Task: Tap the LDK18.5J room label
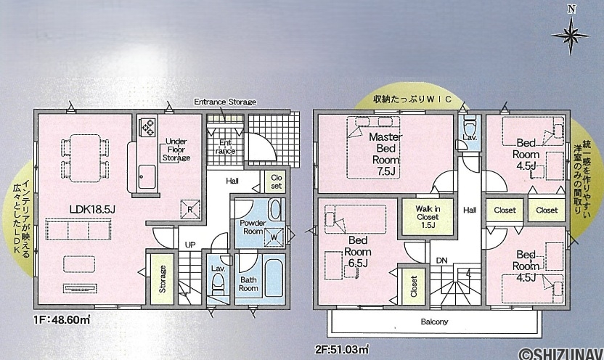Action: click(x=92, y=210)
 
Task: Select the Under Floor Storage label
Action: click(x=176, y=150)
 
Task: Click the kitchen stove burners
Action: click(x=149, y=127)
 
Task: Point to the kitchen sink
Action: click(x=147, y=176)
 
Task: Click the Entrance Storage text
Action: click(x=225, y=102)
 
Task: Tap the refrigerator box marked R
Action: click(x=190, y=209)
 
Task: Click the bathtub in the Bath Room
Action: click(x=274, y=277)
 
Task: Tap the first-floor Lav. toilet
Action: click(x=219, y=284)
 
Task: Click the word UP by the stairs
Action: click(x=190, y=245)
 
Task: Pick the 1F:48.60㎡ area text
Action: click(x=62, y=319)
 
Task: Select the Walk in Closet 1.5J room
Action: click(x=428, y=217)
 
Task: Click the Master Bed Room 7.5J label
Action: click(x=385, y=154)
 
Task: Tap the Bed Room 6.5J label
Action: click(x=358, y=252)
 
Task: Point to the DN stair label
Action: click(x=442, y=261)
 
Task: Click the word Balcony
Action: click(x=435, y=322)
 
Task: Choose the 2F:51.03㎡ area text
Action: click(x=342, y=350)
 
